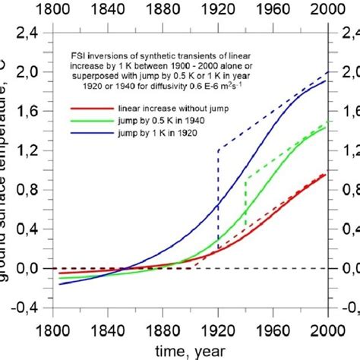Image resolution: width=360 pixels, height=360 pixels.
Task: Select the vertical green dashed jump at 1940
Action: click(245, 201)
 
